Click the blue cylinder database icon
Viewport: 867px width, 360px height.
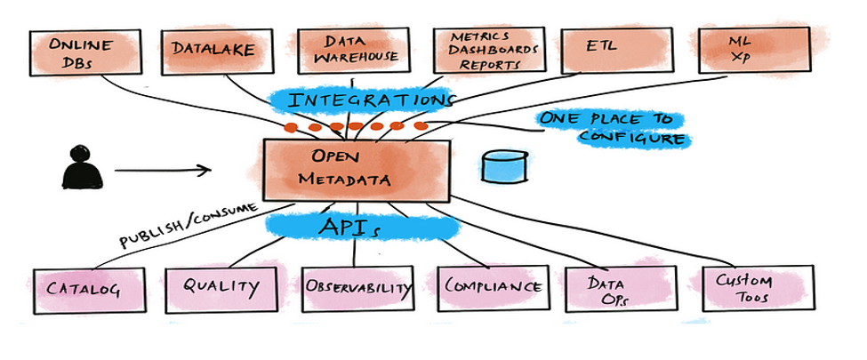[x=502, y=166]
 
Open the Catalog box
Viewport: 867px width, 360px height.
[x=84, y=289]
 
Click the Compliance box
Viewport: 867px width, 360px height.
[x=493, y=287]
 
